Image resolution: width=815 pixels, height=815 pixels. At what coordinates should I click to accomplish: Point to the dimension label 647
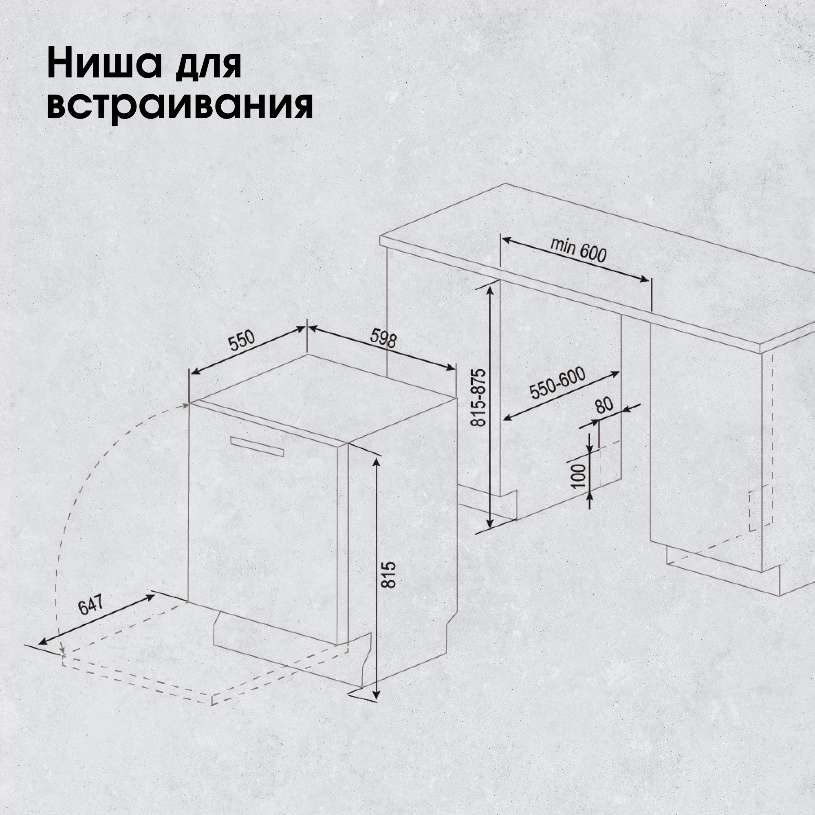(91, 606)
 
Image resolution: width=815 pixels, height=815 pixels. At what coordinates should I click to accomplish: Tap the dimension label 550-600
(558, 383)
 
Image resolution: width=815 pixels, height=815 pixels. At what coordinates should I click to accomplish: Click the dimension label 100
(580, 476)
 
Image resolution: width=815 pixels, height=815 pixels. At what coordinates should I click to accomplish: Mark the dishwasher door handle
(257, 446)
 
